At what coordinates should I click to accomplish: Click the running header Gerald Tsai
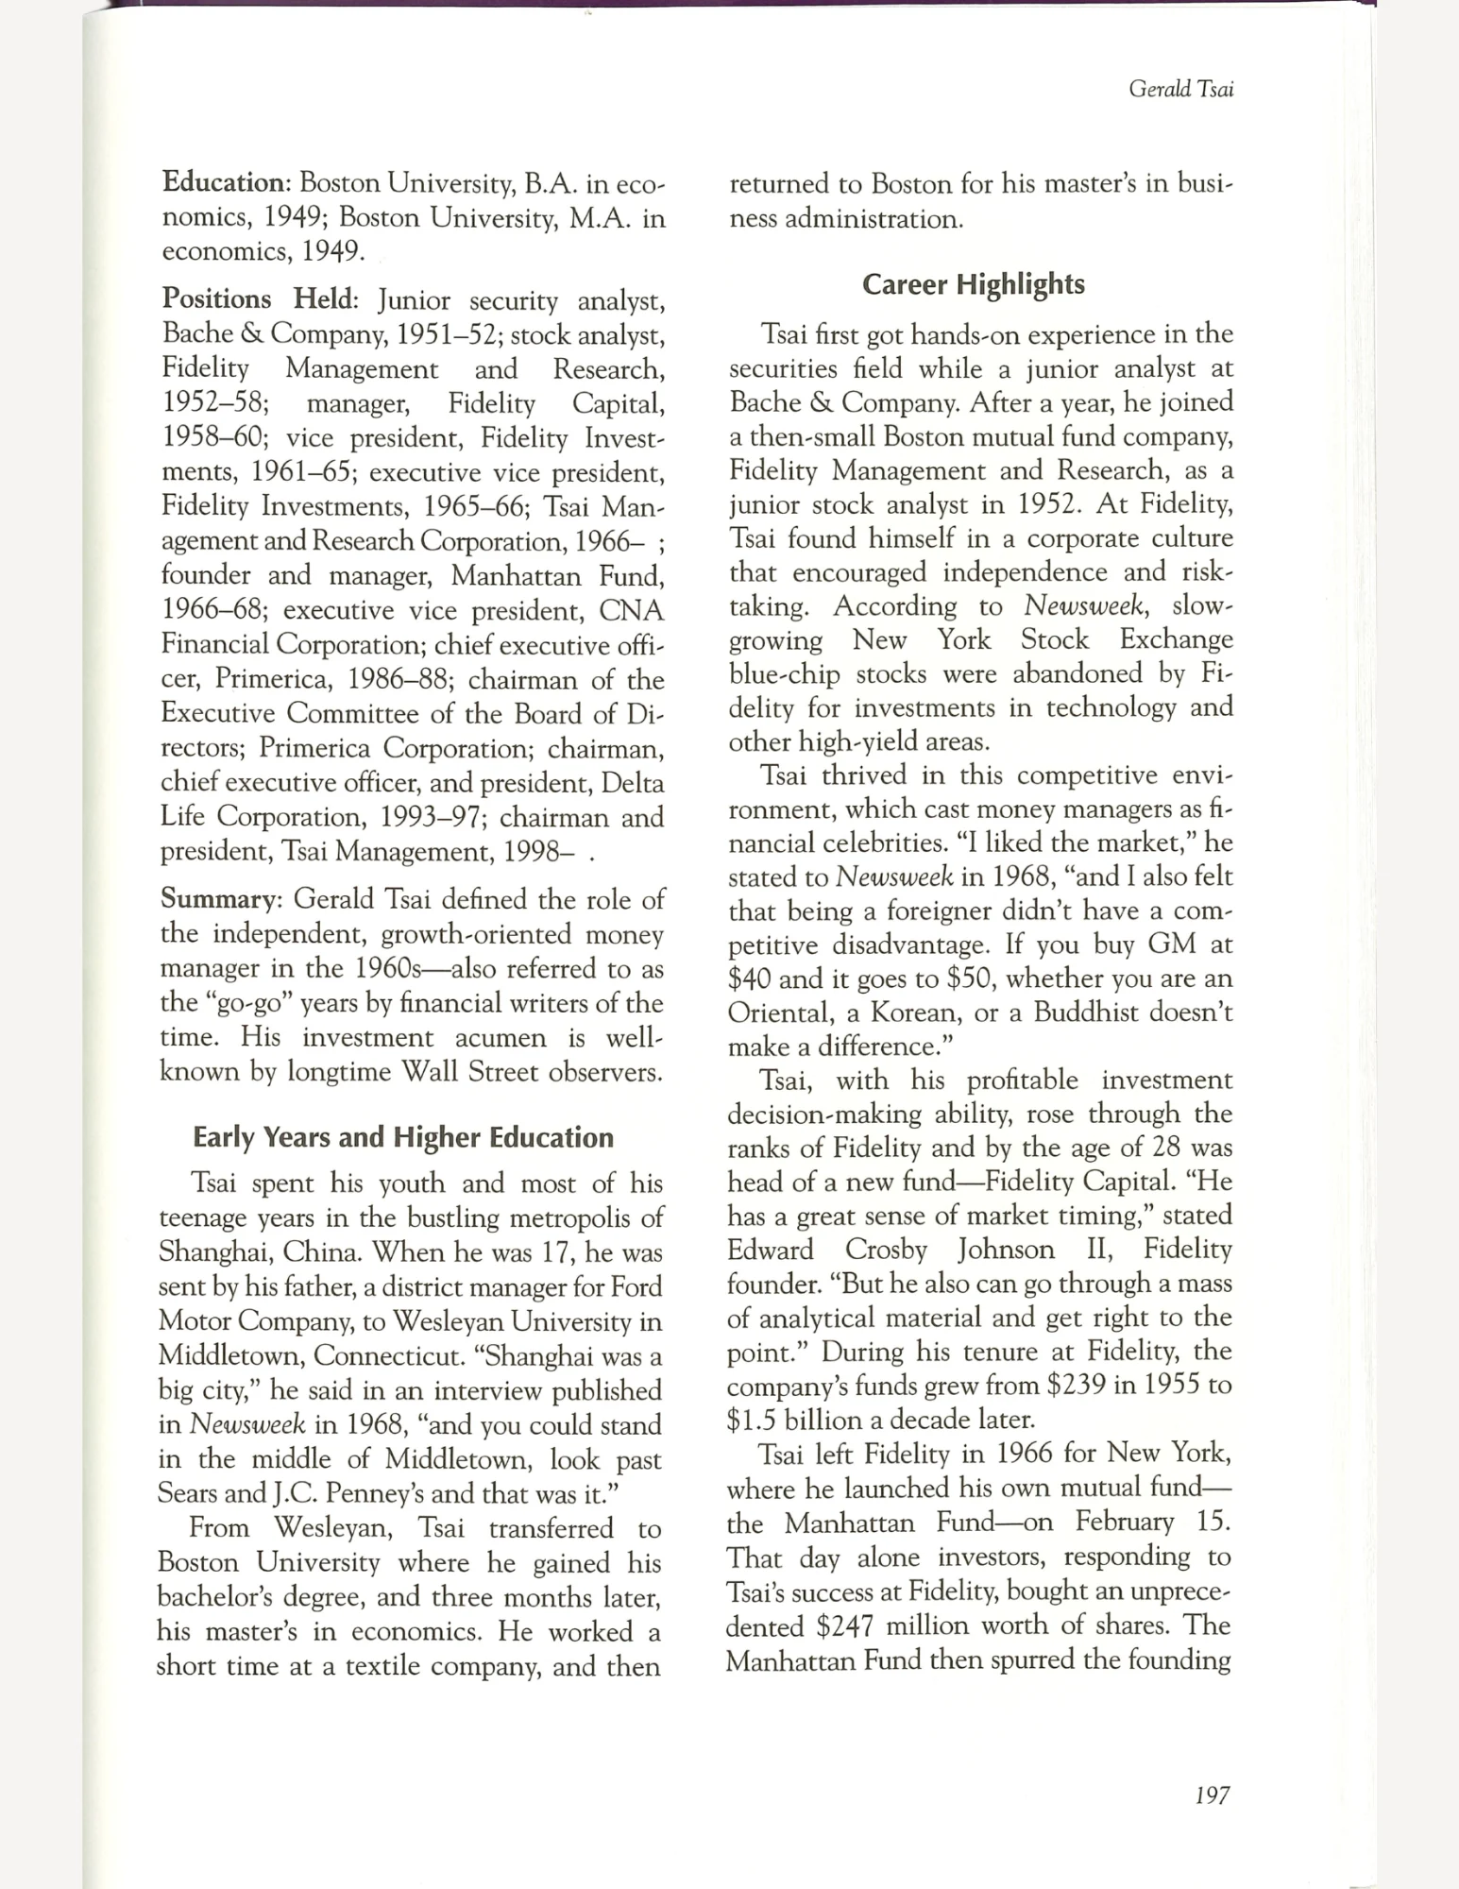[x=1180, y=90]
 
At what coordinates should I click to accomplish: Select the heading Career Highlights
[x=974, y=284]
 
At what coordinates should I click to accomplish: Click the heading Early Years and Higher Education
[x=403, y=1137]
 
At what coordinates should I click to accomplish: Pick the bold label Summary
[x=218, y=898]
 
